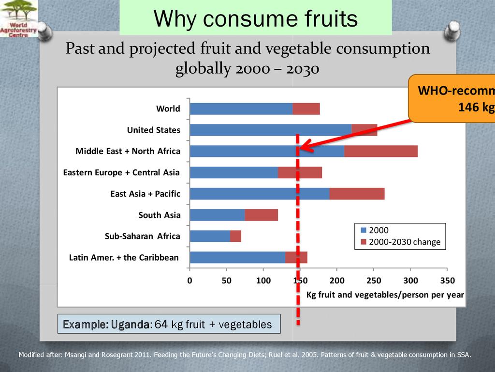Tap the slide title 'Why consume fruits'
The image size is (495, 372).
click(x=255, y=19)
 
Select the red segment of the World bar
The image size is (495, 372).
click(x=306, y=108)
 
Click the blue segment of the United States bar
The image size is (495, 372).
click(x=271, y=130)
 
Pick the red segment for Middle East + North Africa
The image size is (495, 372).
click(x=381, y=151)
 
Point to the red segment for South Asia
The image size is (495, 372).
click(x=261, y=215)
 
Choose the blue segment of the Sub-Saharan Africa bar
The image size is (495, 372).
click(x=210, y=236)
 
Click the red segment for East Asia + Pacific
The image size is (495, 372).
click(x=357, y=194)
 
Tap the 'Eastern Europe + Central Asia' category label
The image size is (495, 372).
click(x=121, y=172)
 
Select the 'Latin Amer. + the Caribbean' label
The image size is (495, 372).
click(x=124, y=258)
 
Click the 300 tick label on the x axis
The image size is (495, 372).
click(x=410, y=280)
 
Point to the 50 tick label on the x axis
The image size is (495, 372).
click(x=226, y=280)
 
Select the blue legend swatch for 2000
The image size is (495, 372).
click(x=364, y=231)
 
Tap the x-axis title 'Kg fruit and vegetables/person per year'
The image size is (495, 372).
click(x=385, y=294)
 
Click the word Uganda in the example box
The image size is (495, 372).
click(x=130, y=324)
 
